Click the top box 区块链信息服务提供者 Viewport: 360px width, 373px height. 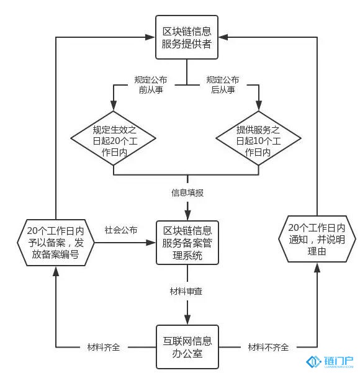187,37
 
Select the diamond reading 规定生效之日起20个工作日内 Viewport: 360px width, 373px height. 113,138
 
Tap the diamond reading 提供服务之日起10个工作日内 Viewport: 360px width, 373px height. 259,138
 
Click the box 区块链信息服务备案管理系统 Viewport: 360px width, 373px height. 187,243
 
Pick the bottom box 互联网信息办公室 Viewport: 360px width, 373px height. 187,347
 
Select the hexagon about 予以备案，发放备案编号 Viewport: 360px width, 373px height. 56,243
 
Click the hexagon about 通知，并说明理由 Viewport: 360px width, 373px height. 317,239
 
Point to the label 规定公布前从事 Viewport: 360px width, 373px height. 151,84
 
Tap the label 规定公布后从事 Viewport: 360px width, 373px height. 223,84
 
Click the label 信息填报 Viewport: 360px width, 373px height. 187,192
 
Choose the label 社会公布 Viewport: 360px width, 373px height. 121,230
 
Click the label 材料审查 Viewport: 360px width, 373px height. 186,291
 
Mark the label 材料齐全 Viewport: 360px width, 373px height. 104,348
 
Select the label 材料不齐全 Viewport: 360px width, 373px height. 268,348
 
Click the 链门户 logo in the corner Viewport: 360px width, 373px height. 330,362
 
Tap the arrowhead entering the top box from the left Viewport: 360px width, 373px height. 150,37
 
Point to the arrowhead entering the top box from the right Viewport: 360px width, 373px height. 223,37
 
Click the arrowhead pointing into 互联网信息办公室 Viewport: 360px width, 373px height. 187,320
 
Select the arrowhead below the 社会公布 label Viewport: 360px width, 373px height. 151,243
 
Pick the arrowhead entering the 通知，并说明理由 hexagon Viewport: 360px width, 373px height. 317,267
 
